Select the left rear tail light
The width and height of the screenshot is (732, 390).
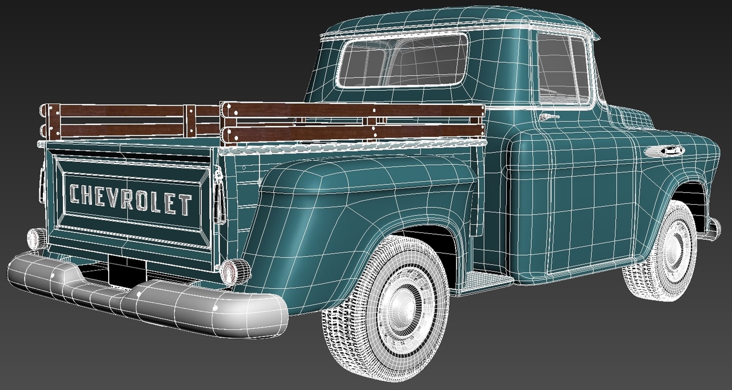tap(35, 238)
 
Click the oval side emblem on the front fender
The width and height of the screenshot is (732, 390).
tap(664, 151)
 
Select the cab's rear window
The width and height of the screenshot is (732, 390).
tap(402, 61)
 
